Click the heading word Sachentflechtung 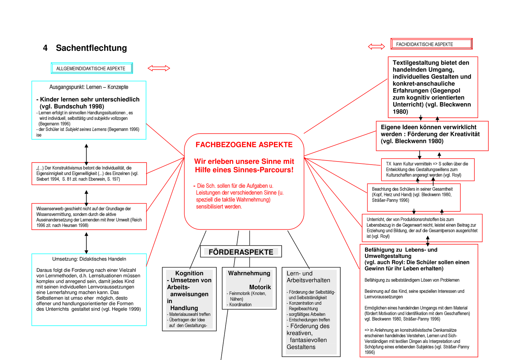point(91,48)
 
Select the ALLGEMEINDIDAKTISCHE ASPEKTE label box point(91,69)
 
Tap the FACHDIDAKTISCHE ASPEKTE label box point(431,44)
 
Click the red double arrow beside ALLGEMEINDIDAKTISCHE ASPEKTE point(158,69)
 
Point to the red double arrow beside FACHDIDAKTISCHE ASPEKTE point(376,46)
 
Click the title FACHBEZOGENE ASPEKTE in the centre point(244,145)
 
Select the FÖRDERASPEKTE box point(241,252)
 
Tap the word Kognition point(189,273)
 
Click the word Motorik point(260,287)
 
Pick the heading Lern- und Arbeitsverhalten point(308,277)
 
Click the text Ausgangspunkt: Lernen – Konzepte point(89,87)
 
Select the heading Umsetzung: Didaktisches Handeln point(89,259)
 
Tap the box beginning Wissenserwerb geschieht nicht point(89,217)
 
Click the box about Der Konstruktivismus point(89,173)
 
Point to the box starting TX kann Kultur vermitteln point(427,169)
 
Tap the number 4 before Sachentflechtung point(45,48)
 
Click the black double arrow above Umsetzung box point(87,243)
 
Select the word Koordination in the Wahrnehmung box point(240,305)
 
